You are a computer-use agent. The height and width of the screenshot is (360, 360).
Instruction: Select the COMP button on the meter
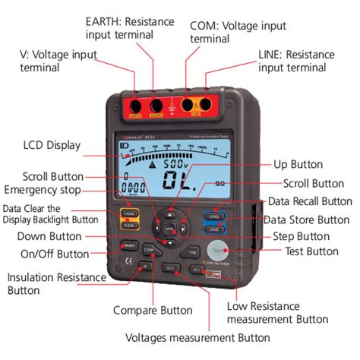pyautogui.click(x=149, y=249)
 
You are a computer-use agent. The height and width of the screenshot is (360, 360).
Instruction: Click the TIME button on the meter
pyautogui.click(x=193, y=250)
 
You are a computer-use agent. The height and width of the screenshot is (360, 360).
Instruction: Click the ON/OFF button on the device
pyautogui.click(x=128, y=246)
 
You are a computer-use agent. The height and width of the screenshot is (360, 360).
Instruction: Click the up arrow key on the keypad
pyautogui.click(x=172, y=215)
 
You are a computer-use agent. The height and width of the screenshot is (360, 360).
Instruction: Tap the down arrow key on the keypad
pyautogui.click(x=172, y=241)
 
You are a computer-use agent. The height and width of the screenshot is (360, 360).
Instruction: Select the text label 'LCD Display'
pyautogui.click(x=52, y=145)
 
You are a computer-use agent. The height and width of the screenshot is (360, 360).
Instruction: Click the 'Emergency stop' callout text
pyautogui.click(x=43, y=189)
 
